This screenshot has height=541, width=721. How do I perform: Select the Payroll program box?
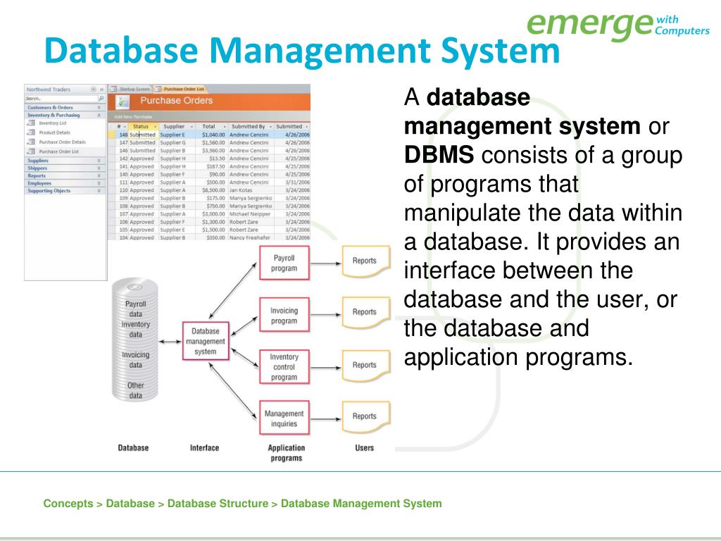(x=284, y=263)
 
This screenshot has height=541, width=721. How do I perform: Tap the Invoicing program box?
(x=284, y=316)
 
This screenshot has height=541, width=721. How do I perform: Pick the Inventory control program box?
(x=284, y=367)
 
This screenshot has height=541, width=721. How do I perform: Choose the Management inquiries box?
(x=284, y=418)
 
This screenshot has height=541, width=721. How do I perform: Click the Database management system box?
(x=205, y=342)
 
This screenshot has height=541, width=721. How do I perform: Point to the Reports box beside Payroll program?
(x=364, y=261)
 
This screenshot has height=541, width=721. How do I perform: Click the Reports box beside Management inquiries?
(x=364, y=416)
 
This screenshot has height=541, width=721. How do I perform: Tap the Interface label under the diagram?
(x=204, y=448)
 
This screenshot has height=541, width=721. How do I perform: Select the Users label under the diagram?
(x=364, y=448)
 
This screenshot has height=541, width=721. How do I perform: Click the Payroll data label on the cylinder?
(x=135, y=309)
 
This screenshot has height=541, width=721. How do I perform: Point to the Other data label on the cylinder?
(x=135, y=390)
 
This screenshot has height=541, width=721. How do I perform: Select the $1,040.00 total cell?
(x=213, y=135)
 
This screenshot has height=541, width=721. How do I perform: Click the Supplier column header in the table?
(x=173, y=126)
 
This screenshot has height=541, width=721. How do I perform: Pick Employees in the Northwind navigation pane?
(x=39, y=183)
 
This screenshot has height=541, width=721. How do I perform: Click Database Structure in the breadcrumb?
(x=218, y=504)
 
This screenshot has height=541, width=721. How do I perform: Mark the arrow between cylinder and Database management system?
(x=170, y=342)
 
